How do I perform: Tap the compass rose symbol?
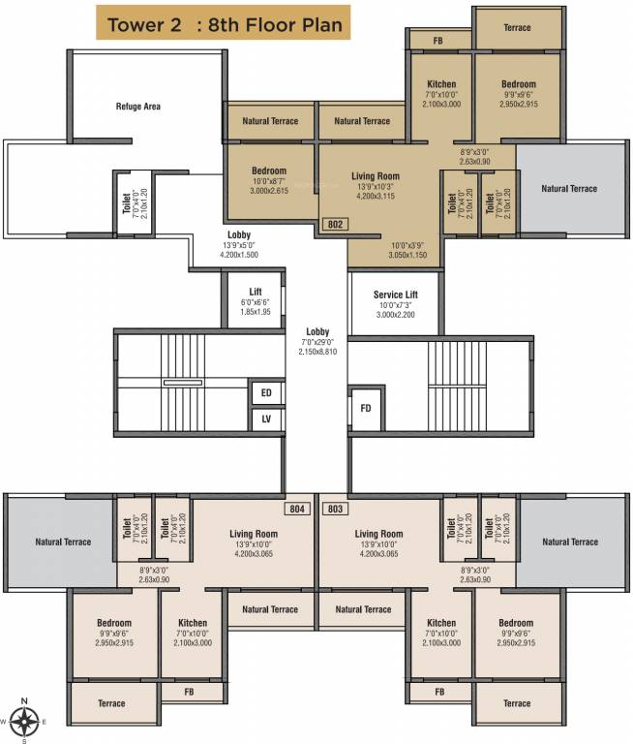tap(25, 721)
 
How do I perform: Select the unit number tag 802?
tap(335, 224)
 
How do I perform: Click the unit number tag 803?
tap(335, 508)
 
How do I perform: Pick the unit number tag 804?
tap(297, 508)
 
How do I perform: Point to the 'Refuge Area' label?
tap(137, 107)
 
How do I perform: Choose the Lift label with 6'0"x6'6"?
tap(255, 291)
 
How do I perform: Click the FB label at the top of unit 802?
tap(438, 41)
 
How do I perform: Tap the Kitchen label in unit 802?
tap(441, 85)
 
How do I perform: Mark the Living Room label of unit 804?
tap(254, 534)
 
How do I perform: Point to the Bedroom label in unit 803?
tap(516, 623)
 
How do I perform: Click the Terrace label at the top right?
tap(517, 27)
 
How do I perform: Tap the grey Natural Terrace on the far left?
tap(63, 542)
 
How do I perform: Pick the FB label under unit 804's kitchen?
tap(193, 692)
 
